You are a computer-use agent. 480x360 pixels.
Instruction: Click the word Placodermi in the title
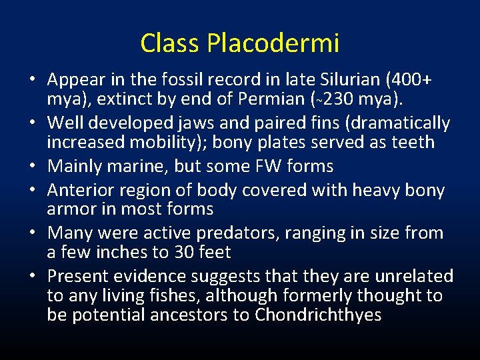click(273, 43)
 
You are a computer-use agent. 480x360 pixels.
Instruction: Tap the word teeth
click(411, 143)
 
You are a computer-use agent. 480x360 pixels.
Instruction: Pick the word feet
click(213, 253)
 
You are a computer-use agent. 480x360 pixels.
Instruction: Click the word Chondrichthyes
click(317, 315)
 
